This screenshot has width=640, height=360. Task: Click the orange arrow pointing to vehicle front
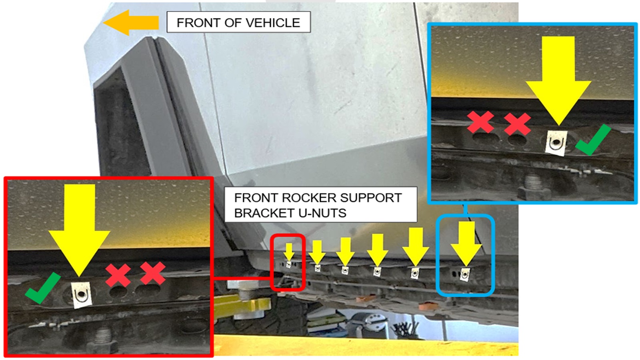131,22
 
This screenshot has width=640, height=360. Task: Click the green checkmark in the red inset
42,288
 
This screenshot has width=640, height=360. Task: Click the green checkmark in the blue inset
593,140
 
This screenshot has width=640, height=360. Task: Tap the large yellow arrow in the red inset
80,230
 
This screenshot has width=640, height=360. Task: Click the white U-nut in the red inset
82,295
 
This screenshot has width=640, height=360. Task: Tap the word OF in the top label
232,23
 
